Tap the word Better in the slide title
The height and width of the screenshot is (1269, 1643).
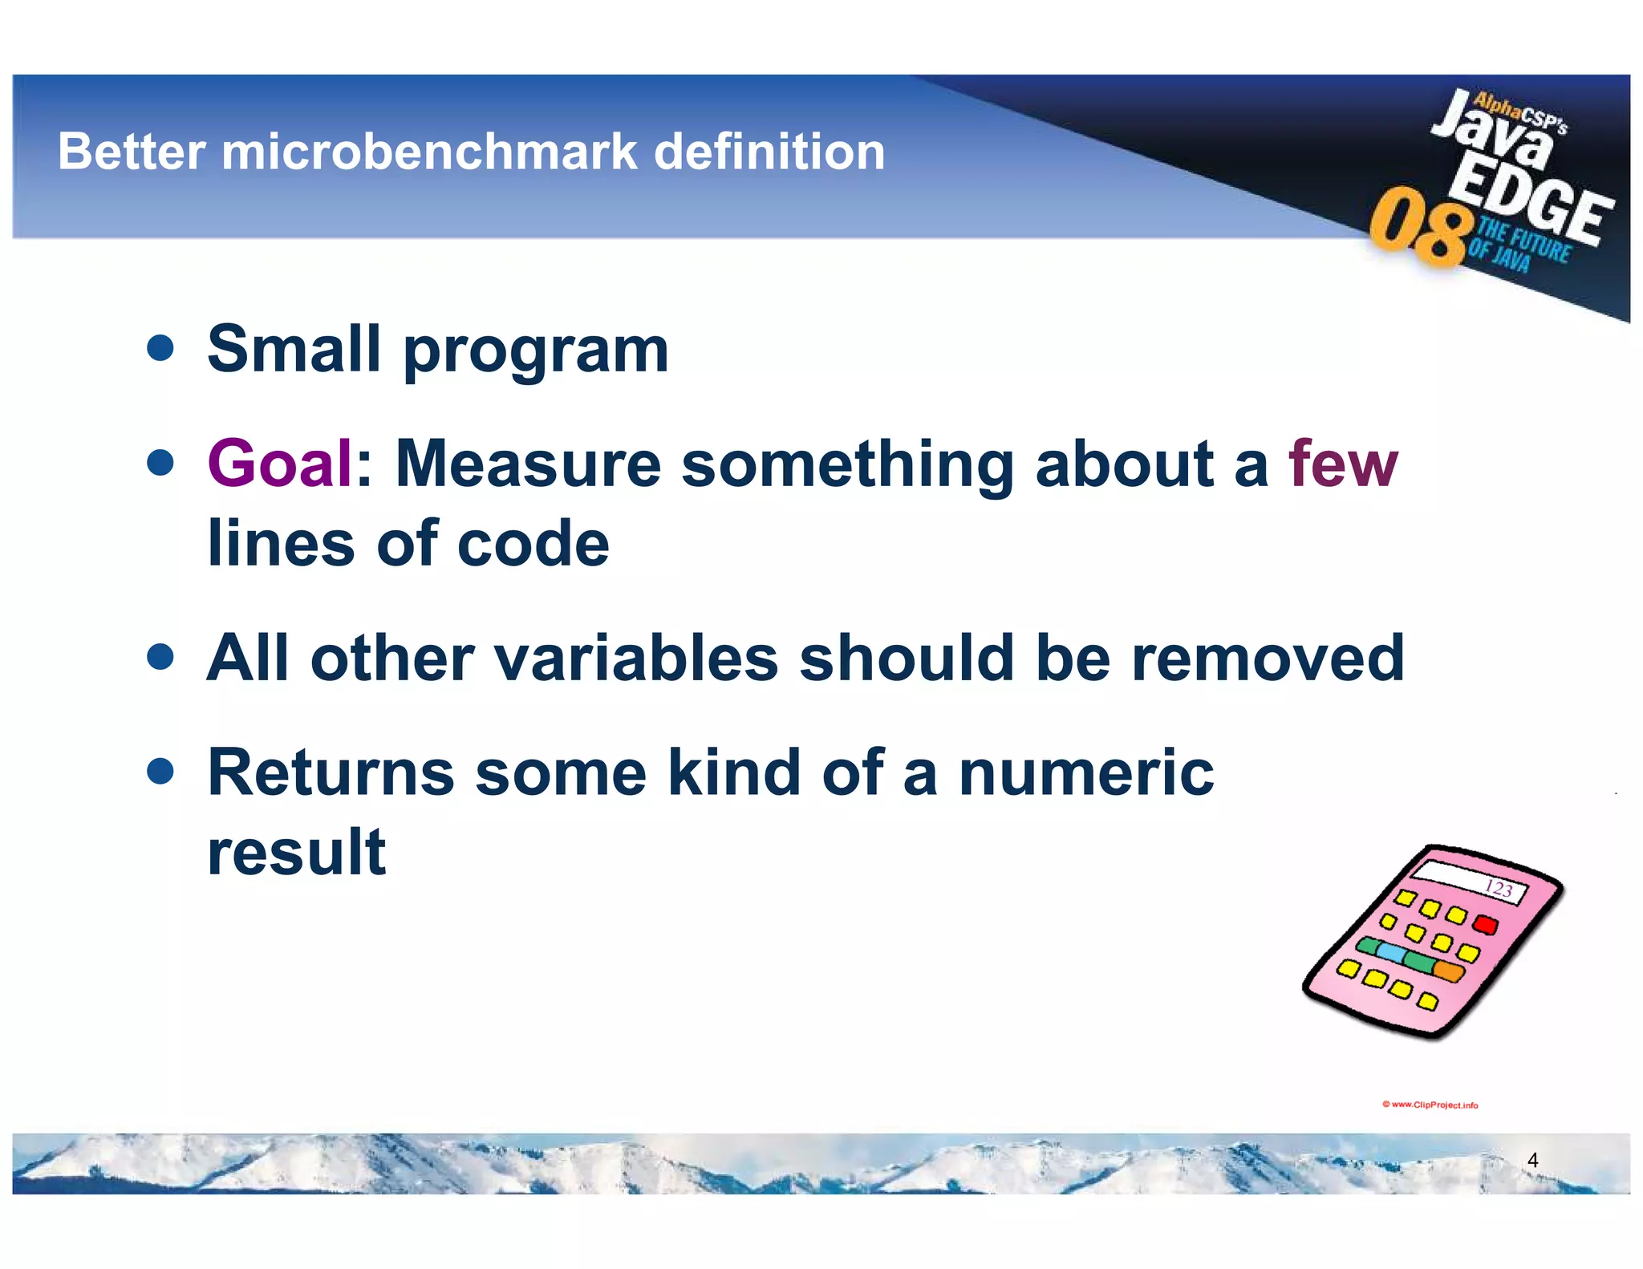(132, 152)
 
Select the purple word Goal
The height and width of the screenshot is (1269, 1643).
(279, 463)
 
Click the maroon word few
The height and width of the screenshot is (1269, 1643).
(1343, 463)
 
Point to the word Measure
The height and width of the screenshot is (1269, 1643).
(528, 463)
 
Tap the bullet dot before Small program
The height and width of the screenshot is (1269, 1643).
(161, 348)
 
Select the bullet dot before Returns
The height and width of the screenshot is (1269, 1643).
(161, 772)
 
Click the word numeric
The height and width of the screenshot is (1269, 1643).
(1086, 772)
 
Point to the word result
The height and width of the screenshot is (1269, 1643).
(296, 852)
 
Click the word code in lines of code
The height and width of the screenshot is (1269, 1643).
(533, 543)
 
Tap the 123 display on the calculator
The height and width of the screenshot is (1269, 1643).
(1497, 888)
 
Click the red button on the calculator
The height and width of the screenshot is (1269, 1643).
(1486, 924)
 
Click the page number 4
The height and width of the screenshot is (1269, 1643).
(1532, 1160)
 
